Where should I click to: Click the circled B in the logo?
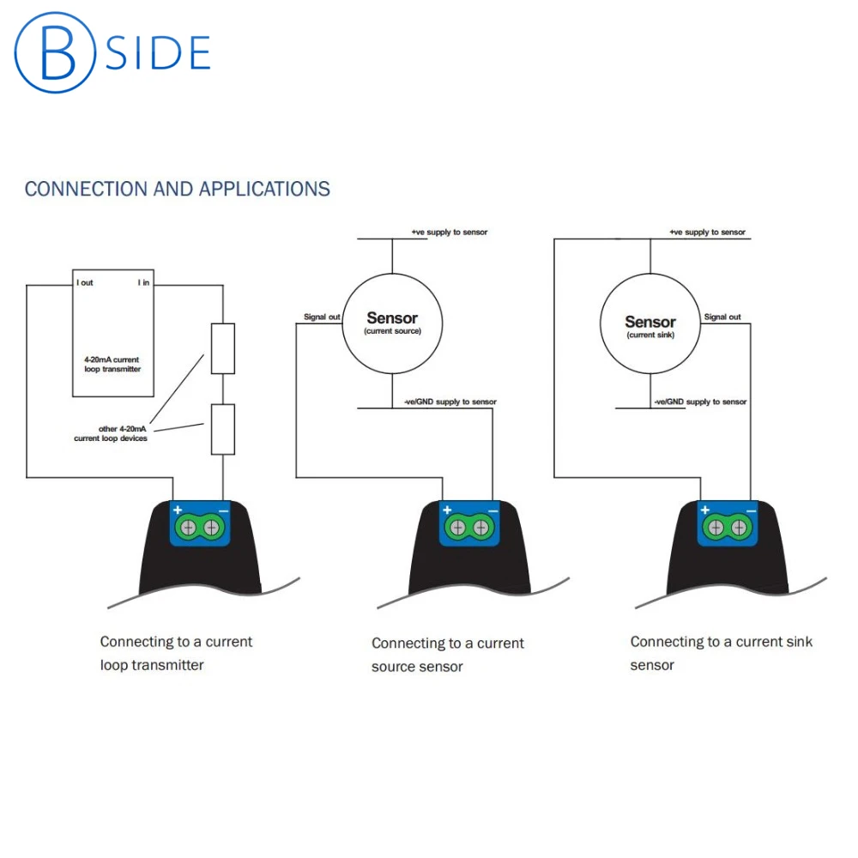[x=54, y=51]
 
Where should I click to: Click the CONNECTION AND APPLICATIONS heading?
[x=178, y=189]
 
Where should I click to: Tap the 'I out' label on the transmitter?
[x=84, y=282]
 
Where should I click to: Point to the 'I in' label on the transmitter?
[x=143, y=282]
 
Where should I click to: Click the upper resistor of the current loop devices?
[x=222, y=348]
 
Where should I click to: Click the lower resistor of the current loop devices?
[x=222, y=429]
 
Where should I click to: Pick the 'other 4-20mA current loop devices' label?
[x=111, y=433]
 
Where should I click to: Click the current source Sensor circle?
[x=392, y=323]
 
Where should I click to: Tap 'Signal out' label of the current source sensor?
[x=322, y=317]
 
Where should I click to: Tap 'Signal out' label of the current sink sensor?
[x=722, y=317]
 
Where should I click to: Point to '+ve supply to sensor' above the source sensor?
[x=450, y=233]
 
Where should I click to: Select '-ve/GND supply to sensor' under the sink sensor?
[x=700, y=402]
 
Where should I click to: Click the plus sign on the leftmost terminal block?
[x=178, y=511]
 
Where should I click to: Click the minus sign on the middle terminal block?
[x=492, y=511]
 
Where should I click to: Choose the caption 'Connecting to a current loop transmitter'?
[x=176, y=653]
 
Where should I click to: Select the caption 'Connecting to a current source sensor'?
[x=447, y=655]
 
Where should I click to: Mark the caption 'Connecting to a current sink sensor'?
[x=721, y=653]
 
